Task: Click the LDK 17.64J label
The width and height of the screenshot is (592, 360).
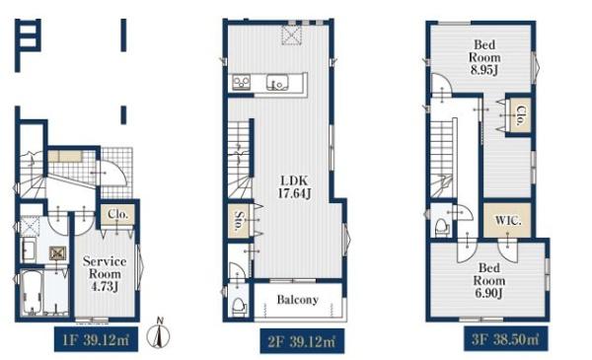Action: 294,186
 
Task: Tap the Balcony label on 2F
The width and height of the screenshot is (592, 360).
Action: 298,300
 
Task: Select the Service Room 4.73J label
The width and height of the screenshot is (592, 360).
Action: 105,274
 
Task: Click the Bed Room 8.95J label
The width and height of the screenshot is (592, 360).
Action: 484,57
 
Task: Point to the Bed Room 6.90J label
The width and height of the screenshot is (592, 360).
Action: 489,280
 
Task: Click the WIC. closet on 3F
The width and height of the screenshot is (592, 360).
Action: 507,220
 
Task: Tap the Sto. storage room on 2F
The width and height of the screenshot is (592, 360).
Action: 239,221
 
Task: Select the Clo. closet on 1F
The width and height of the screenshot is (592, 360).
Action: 117,215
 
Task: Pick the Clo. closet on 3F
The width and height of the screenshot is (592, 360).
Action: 520,115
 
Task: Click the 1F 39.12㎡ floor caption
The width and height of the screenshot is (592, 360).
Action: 96,340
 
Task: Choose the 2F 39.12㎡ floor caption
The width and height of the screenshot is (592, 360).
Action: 302,341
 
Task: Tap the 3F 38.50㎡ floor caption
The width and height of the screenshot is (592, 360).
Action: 506,339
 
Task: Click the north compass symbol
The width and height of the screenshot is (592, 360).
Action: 159,332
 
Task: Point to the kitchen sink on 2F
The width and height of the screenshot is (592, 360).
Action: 277,82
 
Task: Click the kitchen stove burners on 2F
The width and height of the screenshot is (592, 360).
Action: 241,82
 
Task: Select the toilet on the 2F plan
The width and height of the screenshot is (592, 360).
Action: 239,307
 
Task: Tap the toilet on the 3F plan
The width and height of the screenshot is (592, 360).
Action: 441,228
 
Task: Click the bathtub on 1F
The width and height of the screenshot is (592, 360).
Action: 32,293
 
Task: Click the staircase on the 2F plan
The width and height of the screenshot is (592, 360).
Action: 239,160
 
